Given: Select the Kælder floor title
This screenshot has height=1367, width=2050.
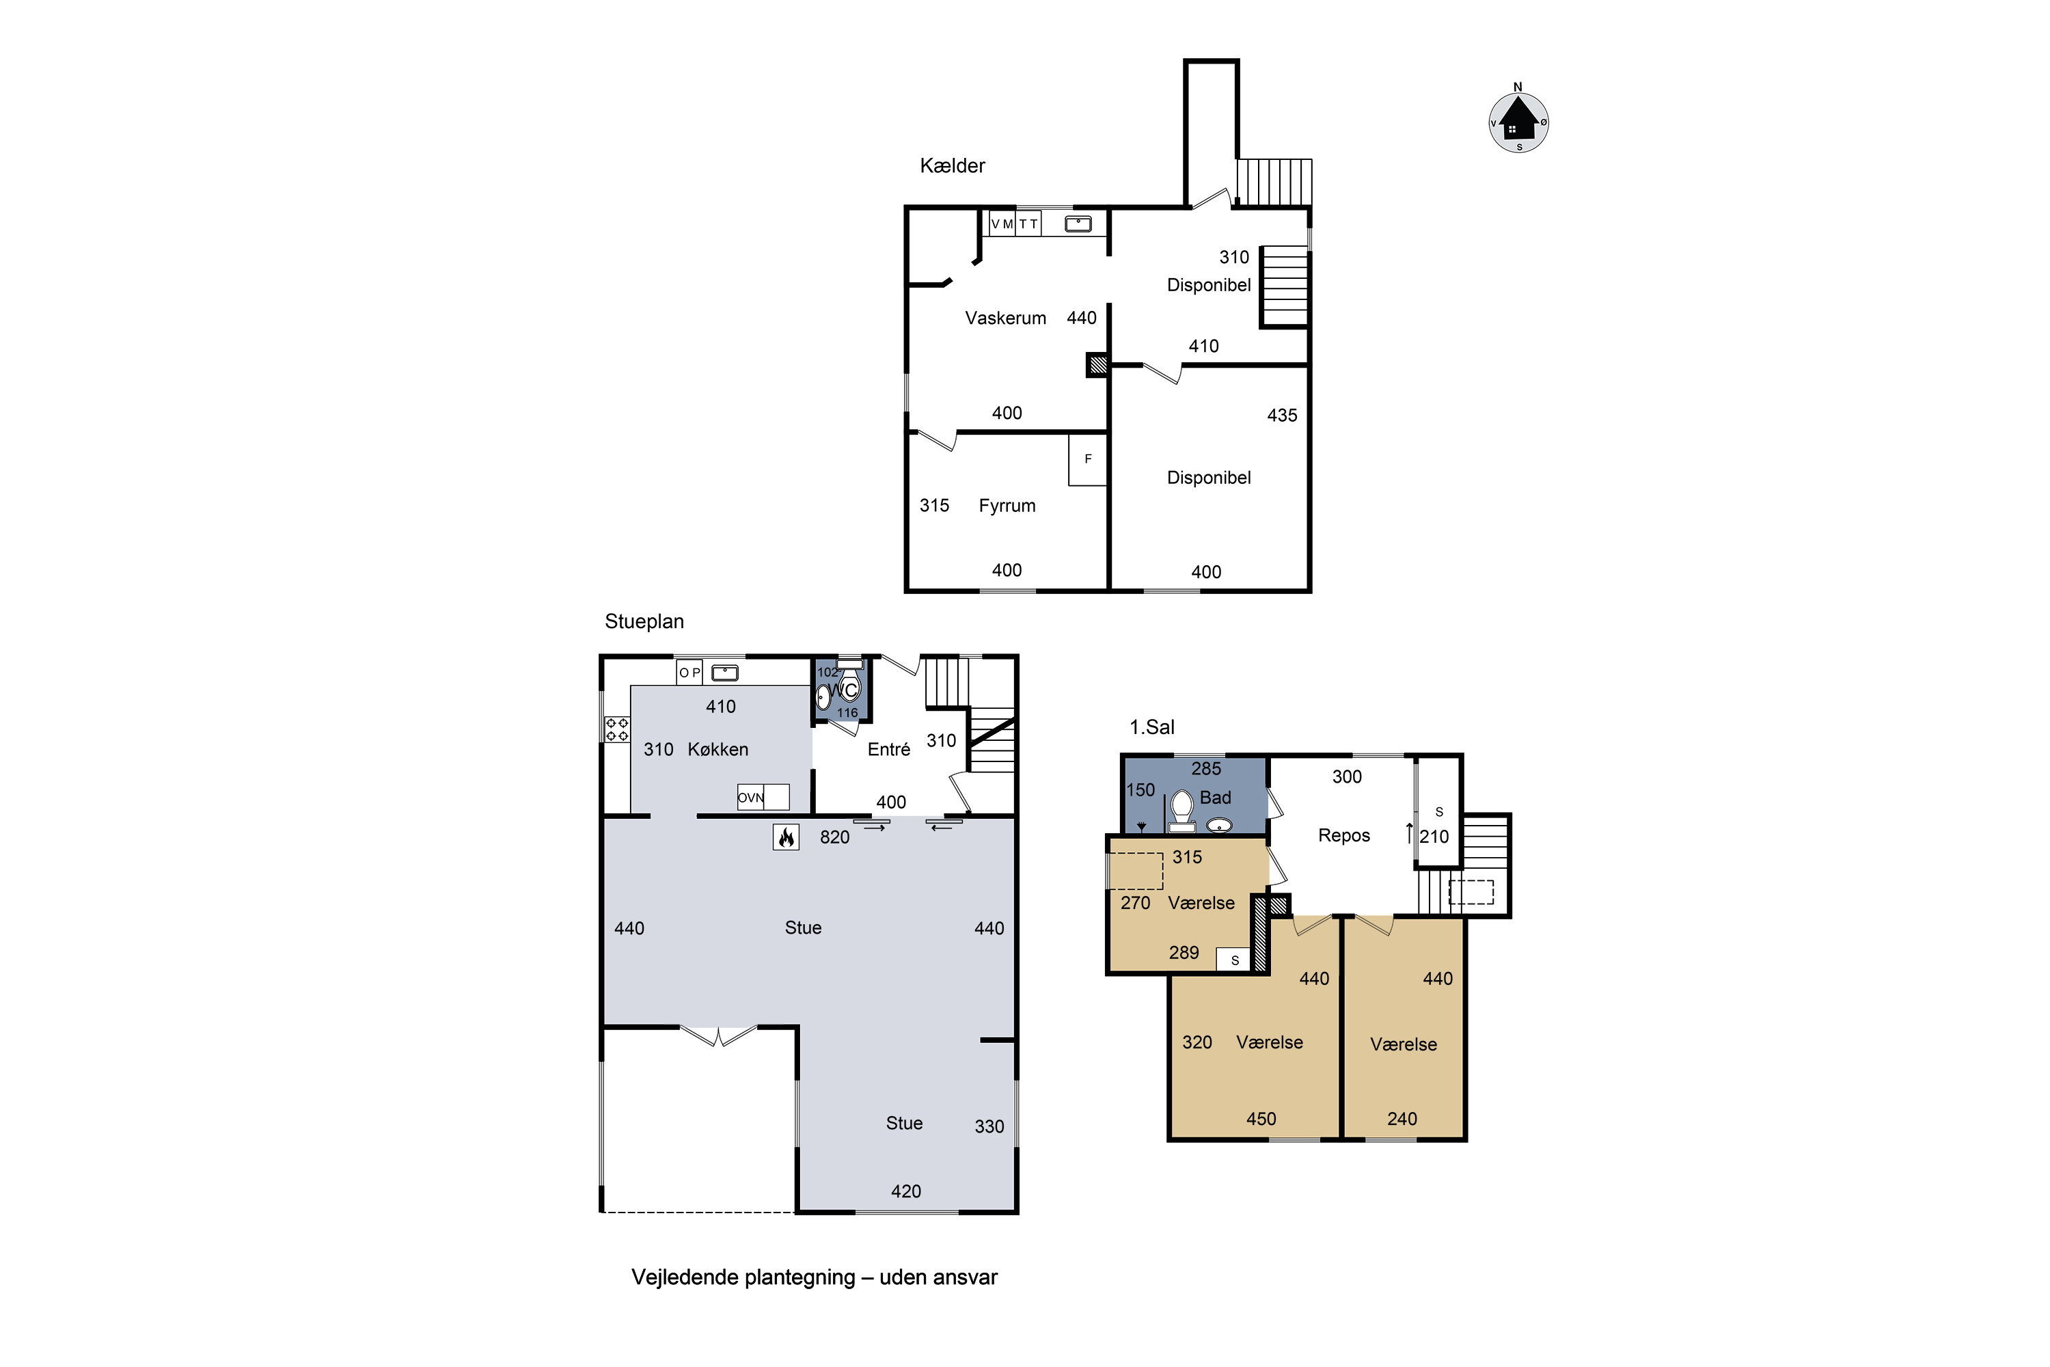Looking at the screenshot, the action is click(x=952, y=165).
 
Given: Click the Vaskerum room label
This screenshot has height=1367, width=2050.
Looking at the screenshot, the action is click(x=1005, y=319).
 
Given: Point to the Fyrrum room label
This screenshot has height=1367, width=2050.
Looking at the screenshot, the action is click(x=1007, y=506).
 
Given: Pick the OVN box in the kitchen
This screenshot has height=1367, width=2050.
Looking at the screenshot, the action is click(x=763, y=797).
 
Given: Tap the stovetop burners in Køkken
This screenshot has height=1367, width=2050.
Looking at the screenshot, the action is click(x=617, y=729).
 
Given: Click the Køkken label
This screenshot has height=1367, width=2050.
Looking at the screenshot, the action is click(x=717, y=750).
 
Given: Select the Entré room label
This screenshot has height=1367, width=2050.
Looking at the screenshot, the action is click(x=888, y=750).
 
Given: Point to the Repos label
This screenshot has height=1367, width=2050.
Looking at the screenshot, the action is click(x=1343, y=836).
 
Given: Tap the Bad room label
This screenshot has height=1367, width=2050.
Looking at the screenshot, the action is click(x=1215, y=798).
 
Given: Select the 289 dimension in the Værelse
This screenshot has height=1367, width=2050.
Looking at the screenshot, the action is click(x=1184, y=953).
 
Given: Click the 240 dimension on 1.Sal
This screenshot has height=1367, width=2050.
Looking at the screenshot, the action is click(x=1402, y=1118).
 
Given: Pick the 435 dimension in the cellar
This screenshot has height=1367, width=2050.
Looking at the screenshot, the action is click(x=1281, y=416).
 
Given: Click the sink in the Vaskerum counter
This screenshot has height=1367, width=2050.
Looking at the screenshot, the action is click(x=1078, y=224).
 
